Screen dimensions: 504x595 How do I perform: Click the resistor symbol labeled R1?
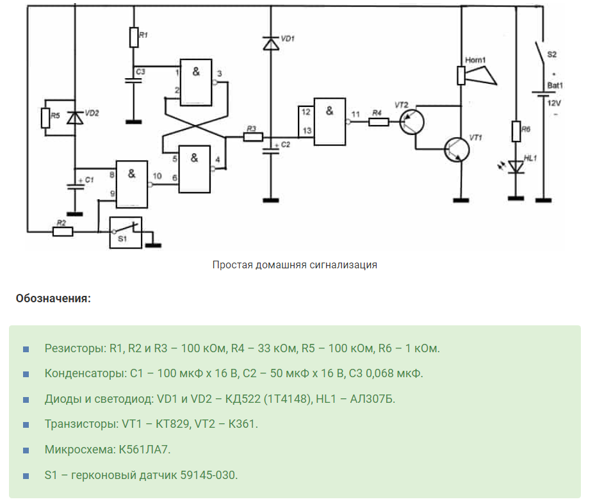(134, 37)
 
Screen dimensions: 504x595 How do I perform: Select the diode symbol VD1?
(270, 44)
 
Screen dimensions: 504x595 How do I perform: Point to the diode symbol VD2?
(75, 117)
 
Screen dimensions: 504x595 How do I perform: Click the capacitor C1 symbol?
(75, 186)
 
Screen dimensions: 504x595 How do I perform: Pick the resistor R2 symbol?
(62, 231)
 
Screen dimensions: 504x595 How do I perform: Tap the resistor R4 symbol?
(379, 121)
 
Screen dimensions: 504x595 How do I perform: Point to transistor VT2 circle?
(412, 121)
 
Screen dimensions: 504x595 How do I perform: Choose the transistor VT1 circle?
(457, 149)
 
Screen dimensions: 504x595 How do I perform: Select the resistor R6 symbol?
(516, 132)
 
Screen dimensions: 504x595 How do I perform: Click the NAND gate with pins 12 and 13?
(329, 122)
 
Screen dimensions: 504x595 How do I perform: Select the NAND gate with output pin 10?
(131, 184)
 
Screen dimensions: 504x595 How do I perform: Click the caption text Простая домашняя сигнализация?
(295, 264)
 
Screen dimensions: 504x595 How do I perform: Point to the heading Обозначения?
(54, 298)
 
